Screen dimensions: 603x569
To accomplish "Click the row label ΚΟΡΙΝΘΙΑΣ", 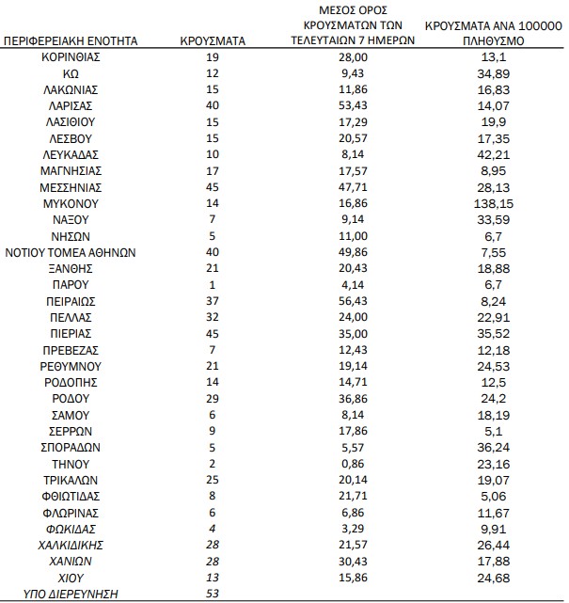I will (x=71, y=56).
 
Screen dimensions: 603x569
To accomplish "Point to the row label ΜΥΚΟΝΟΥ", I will (x=71, y=203).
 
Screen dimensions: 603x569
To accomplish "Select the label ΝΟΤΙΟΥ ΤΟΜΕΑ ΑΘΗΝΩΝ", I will (x=71, y=252).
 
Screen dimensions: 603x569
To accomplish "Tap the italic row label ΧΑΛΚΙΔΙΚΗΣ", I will (x=71, y=545).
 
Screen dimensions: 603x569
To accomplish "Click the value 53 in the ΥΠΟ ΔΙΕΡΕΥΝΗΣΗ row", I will (x=213, y=594).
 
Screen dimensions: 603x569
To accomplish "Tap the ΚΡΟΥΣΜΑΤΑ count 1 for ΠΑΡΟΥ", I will (x=213, y=284).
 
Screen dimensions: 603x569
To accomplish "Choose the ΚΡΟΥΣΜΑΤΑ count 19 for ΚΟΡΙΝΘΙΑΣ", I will (x=213, y=56).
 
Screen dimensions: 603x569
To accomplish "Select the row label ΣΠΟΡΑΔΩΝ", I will (x=71, y=448).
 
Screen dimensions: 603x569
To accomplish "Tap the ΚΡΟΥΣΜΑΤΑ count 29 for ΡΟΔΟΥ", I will (x=213, y=399).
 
